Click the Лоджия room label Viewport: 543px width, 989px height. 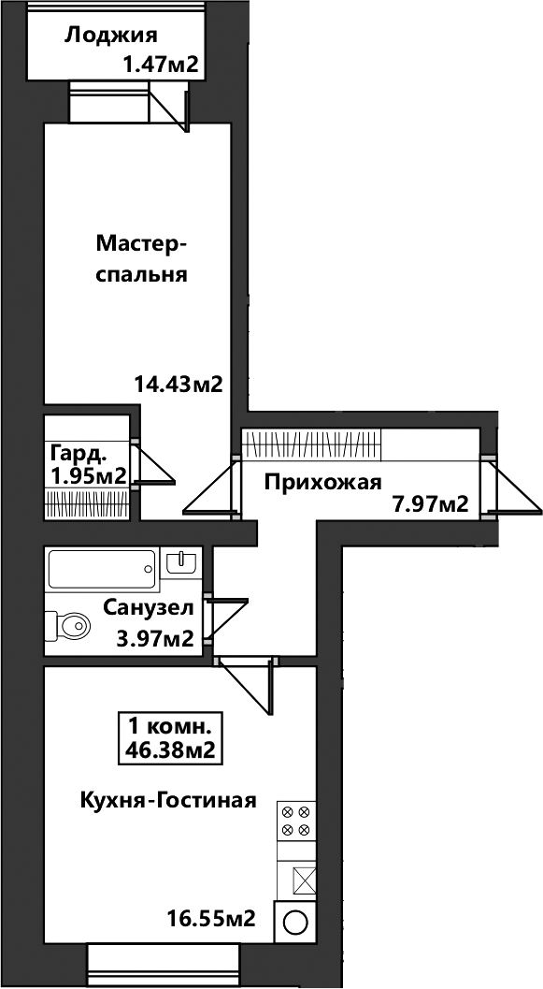110,36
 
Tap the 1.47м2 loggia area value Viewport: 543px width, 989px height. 162,65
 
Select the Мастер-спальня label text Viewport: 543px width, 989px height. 142,258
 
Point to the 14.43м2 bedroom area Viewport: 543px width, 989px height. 179,384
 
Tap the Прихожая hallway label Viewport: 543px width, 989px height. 323,483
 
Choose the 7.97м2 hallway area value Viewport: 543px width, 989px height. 430,504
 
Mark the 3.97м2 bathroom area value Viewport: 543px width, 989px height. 154,640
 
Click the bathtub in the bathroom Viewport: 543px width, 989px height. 102,570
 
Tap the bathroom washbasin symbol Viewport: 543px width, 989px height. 181,560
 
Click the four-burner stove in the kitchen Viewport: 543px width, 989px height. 295,821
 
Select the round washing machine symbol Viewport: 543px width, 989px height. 294,924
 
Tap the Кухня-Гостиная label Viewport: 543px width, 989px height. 168,801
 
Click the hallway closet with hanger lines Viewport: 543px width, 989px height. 312,444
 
